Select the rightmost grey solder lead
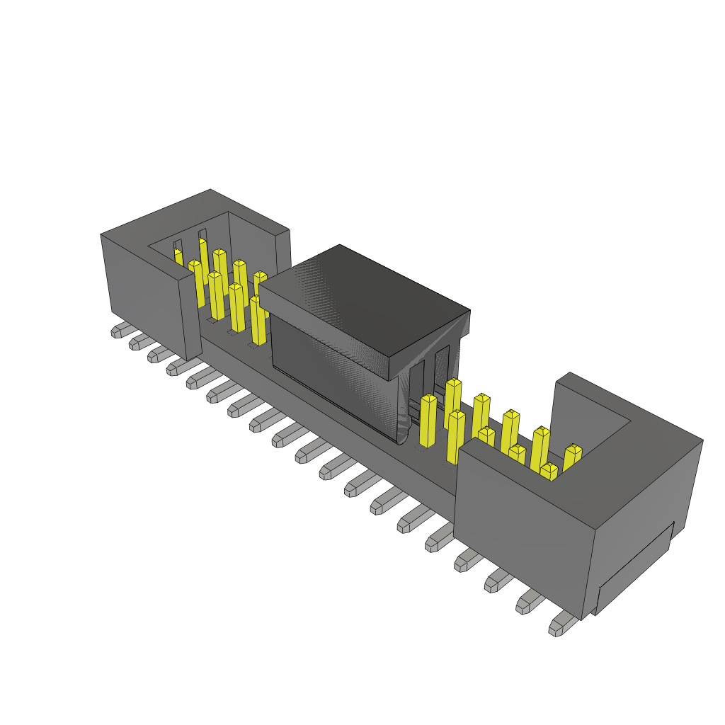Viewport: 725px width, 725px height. pos(562,624)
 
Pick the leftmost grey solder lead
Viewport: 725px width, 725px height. pos(120,330)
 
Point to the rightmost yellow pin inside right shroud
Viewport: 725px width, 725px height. pos(572,456)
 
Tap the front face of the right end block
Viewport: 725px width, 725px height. pos(524,531)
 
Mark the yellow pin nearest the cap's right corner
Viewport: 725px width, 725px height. pos(429,421)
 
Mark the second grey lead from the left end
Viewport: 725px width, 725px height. pos(138,342)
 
